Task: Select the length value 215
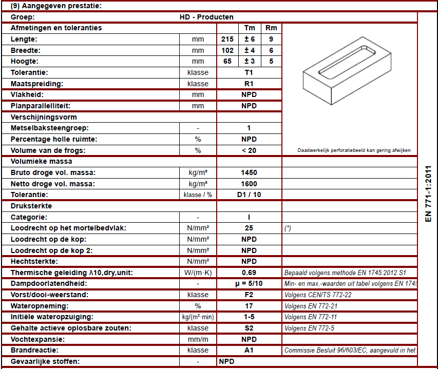[227, 39]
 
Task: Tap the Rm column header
[271, 28]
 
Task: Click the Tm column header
[250, 28]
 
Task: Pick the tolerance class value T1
[249, 72]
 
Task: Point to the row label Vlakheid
[27, 95]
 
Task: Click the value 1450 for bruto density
[249, 172]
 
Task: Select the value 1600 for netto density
[249, 184]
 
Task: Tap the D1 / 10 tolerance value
[249, 195]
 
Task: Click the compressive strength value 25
[249, 228]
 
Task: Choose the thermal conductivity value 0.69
[249, 273]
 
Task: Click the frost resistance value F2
[249, 295]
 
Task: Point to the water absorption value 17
[249, 306]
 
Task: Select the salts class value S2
[249, 328]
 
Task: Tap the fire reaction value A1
[249, 351]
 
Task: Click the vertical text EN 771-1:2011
[428, 193]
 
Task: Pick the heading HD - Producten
[206, 17]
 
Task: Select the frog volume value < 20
[249, 150]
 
